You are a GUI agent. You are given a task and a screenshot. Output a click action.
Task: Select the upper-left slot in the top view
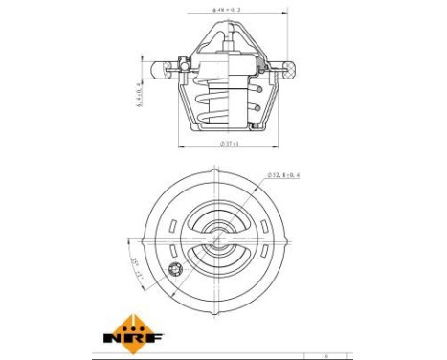coord(170,223)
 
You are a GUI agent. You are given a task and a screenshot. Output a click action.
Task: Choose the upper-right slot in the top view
coord(269,223)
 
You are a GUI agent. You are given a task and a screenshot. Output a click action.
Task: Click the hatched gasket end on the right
coord(287,67)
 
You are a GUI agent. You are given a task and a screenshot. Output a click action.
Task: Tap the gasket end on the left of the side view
coord(160,67)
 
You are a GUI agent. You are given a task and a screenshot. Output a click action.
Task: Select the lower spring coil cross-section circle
coord(257,108)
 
